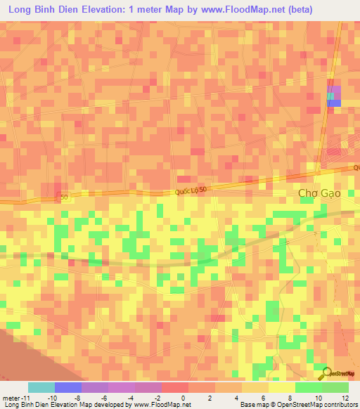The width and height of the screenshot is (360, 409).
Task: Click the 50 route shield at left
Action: tap(64, 197)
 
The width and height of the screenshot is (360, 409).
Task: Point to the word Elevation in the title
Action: tap(104, 10)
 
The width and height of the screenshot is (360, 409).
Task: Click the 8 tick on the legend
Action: tap(268, 398)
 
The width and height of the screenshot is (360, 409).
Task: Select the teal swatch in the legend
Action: tap(41, 387)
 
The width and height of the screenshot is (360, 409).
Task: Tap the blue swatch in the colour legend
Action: tap(68, 387)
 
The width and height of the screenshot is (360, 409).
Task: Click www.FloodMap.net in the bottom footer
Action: tap(162, 405)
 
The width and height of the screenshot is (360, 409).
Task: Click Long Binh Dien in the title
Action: tap(39, 10)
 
